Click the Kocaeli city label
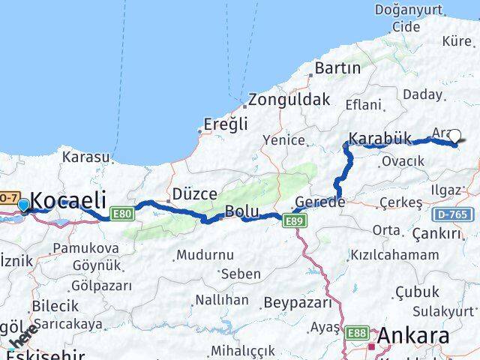(x=70, y=200)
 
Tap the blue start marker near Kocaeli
(x=23, y=205)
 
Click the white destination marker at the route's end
(x=454, y=136)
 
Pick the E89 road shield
(x=294, y=219)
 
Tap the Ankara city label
(x=414, y=335)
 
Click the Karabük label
(x=380, y=139)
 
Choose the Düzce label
(x=194, y=193)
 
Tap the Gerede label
(x=319, y=202)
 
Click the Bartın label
(x=337, y=68)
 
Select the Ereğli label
(x=226, y=125)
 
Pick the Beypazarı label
(x=297, y=303)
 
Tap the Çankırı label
(x=436, y=234)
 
